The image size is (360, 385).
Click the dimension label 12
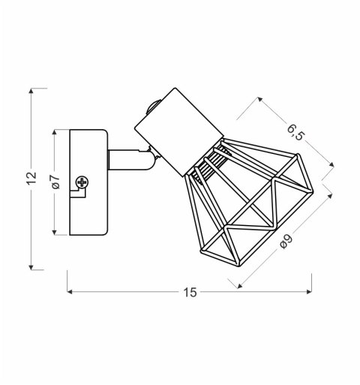point(31,178)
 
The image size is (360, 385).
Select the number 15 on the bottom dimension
point(190,293)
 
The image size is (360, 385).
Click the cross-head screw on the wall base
point(82,182)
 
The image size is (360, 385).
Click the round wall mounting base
point(89,182)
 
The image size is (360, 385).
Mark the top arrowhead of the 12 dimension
point(31,91)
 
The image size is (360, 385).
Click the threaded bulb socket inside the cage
point(209,165)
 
